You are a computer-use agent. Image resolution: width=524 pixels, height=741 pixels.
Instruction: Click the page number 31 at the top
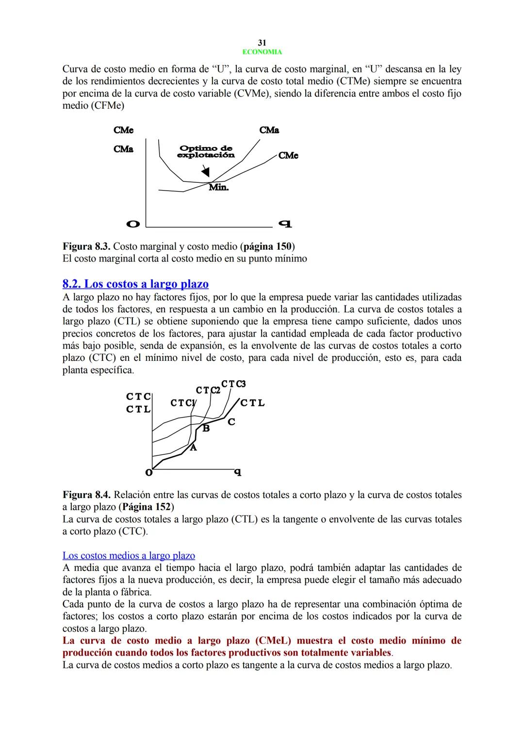262,43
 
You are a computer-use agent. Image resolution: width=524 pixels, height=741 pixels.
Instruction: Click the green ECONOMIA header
262,52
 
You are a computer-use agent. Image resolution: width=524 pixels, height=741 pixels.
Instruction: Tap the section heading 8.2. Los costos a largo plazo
135,284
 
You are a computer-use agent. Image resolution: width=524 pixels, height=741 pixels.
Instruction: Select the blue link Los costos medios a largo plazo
129,556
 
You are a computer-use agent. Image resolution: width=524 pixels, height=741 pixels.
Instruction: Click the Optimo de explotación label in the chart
206,152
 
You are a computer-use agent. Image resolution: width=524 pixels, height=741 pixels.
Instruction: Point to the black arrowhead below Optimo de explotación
206,172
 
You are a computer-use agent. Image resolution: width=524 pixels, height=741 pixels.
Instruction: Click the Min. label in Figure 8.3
218,187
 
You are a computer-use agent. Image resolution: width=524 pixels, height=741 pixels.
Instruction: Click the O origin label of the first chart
132,224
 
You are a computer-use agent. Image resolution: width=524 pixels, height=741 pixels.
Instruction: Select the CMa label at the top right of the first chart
269,130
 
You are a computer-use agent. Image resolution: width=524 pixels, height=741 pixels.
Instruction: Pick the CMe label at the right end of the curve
288,155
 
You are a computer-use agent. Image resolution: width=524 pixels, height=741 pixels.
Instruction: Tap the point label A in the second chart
193,448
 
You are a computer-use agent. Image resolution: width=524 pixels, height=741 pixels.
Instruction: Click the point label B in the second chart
206,428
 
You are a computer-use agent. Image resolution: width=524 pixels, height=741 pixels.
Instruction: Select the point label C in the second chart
231,422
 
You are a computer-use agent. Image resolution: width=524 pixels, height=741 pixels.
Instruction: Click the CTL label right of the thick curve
252,403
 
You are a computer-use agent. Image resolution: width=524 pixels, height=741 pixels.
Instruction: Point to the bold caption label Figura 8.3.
86,246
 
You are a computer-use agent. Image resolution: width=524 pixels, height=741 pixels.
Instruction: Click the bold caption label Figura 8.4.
86,495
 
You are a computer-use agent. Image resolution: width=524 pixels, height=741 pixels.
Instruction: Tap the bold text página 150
268,246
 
